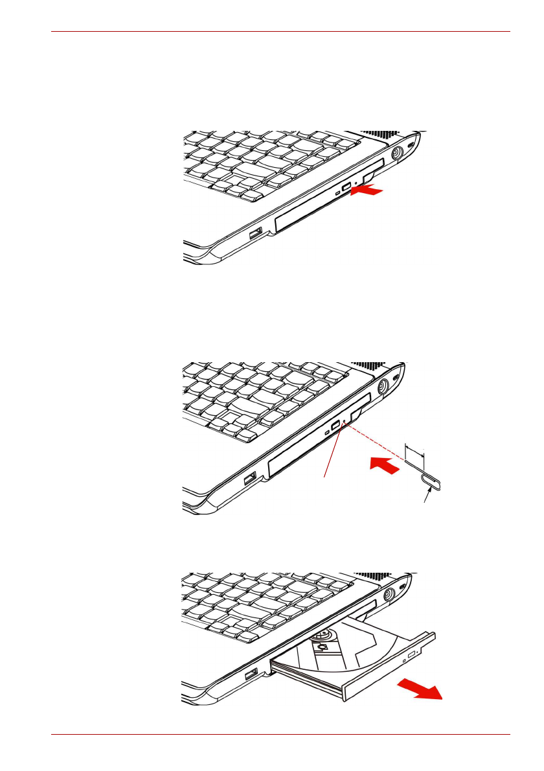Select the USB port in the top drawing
coord(255,232)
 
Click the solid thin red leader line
coord(332,454)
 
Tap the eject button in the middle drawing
coord(334,427)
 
